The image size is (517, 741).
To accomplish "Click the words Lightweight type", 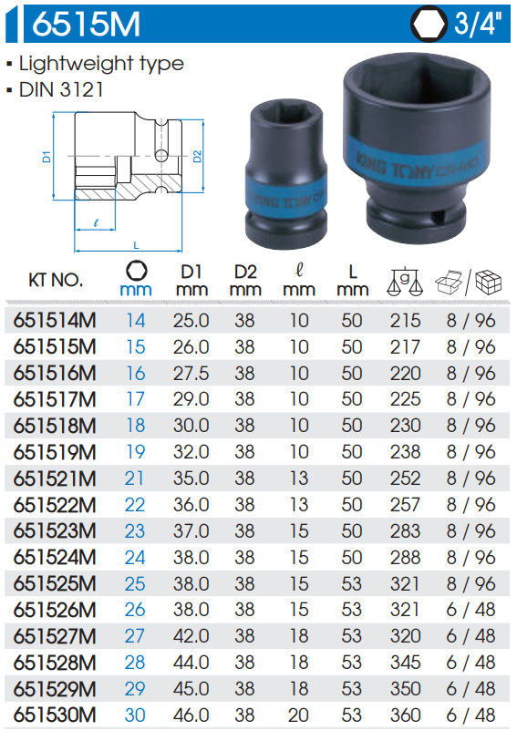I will coord(101,64).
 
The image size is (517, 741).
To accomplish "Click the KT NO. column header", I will coord(56,279).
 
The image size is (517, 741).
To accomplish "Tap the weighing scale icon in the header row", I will coord(403,281).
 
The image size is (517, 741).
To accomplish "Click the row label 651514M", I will coord(56,321).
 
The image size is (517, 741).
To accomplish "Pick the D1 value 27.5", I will coord(191,374).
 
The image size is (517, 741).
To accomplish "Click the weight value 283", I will coord(406,531).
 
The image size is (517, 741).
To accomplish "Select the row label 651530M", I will coord(56,715).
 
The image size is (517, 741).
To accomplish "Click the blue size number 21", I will coord(136,479).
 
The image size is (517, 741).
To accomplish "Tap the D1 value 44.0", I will coord(191,663).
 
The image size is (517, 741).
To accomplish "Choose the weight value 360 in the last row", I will coord(406,715).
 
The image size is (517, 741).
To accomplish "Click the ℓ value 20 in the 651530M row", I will coord(298,715).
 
